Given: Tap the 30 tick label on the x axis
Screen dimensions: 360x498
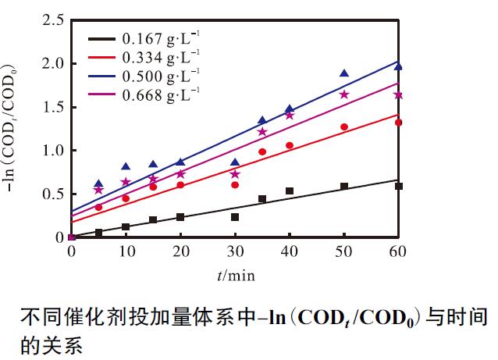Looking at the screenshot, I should [x=235, y=252].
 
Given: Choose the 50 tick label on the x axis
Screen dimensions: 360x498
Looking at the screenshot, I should [x=343, y=252].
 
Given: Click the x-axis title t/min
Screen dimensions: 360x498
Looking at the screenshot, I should [x=236, y=274].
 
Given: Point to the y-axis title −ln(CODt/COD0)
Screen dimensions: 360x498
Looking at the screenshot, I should [x=15, y=129].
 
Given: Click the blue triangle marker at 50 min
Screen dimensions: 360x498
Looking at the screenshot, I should [x=344, y=73].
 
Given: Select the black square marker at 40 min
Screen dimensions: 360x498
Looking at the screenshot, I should [x=290, y=191].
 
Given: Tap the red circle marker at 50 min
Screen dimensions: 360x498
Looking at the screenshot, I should [x=344, y=127].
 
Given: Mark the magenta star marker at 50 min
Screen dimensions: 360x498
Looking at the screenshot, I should [x=344, y=94].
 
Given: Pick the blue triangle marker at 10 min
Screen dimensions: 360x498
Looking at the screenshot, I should [x=126, y=166].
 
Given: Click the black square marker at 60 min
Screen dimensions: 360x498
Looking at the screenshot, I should [x=398, y=186].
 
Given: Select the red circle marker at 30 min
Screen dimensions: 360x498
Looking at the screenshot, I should [x=235, y=185].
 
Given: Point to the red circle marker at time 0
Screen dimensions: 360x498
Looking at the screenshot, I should [x=72, y=237].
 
